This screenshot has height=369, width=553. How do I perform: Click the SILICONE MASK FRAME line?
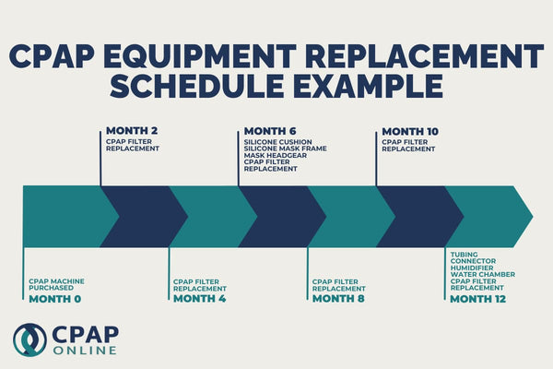pyautogui.click(x=285, y=149)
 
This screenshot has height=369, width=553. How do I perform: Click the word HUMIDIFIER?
pyautogui.click(x=471, y=267)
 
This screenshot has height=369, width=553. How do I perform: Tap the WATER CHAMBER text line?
pyautogui.click(x=482, y=274)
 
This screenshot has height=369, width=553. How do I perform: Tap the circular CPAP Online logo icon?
pyautogui.click(x=29, y=339)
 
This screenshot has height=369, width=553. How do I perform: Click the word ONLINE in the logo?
pyautogui.click(x=84, y=350)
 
